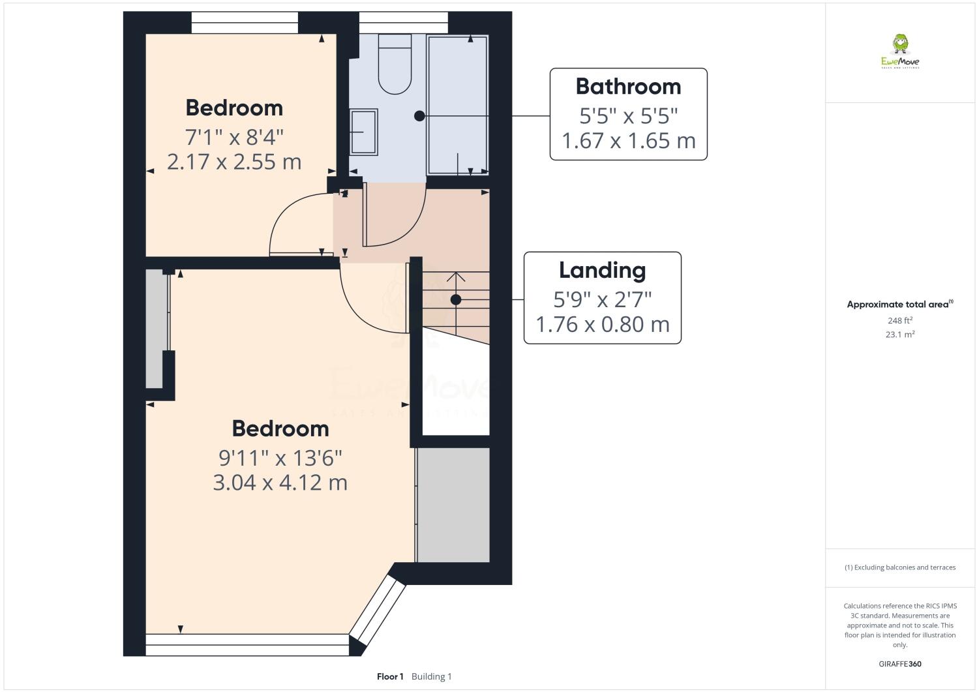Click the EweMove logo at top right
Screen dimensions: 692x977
coord(900,52)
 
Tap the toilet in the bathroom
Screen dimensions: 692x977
coord(395,65)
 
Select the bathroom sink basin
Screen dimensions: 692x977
coord(363,132)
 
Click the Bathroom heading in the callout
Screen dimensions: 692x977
coord(628,86)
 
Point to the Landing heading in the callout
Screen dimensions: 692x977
coord(602,270)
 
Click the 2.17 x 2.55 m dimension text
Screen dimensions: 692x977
coord(234,161)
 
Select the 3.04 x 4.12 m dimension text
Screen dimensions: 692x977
coord(280,482)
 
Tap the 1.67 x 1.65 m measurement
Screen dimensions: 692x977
coord(628,140)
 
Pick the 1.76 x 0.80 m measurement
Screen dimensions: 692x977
coord(602,324)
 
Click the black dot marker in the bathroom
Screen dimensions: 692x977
coord(419,116)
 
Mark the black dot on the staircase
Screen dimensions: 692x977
coord(456,299)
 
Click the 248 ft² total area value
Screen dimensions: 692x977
coord(900,320)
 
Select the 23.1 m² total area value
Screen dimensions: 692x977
coord(900,335)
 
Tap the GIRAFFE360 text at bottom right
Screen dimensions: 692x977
coord(900,664)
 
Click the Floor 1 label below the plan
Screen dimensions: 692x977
coord(390,676)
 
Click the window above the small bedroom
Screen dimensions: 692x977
coord(244,23)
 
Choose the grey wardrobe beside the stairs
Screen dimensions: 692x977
coord(453,505)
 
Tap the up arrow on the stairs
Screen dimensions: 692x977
coord(456,277)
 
